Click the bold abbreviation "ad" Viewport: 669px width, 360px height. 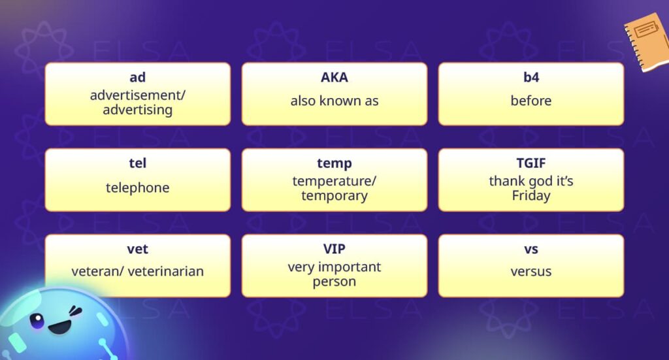(x=137, y=78)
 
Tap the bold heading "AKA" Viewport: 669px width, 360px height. (x=334, y=78)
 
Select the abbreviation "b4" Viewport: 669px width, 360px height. (x=530, y=78)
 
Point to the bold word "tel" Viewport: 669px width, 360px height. (x=137, y=163)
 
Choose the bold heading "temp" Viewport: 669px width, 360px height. (x=334, y=163)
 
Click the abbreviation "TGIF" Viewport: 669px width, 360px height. (x=530, y=163)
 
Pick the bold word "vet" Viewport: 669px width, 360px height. (x=137, y=249)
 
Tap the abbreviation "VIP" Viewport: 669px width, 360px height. (x=334, y=249)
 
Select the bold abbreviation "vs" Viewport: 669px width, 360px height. (x=530, y=249)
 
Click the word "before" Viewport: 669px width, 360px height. (x=530, y=101)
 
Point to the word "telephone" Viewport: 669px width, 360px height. (x=137, y=188)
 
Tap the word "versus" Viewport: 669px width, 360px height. (x=530, y=271)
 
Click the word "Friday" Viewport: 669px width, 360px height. (x=530, y=195)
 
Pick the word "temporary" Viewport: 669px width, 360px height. (x=334, y=195)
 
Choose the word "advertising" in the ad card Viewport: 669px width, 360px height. (x=137, y=110)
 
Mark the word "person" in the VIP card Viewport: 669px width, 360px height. (x=334, y=282)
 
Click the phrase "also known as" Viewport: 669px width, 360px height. (x=334, y=101)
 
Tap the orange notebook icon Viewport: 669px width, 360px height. (x=646, y=41)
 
